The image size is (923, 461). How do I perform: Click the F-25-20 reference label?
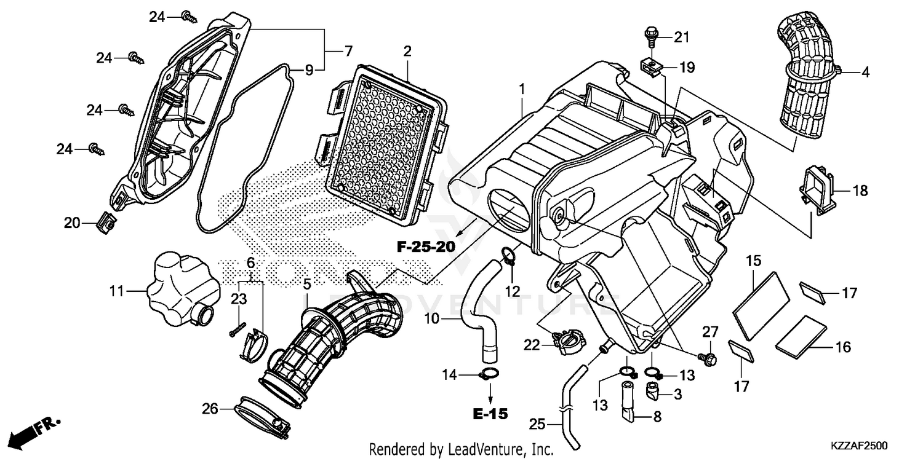[x=425, y=247]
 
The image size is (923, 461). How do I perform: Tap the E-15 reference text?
[x=491, y=414]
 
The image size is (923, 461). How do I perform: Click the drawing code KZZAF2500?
[x=860, y=444]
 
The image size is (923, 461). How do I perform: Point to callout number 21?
[x=681, y=38]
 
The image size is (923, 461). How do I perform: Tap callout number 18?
[x=860, y=191]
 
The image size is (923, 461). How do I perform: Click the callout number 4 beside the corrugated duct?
[x=865, y=73]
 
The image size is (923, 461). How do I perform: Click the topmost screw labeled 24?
[x=188, y=17]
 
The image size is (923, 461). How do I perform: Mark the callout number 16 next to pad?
[x=842, y=347]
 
